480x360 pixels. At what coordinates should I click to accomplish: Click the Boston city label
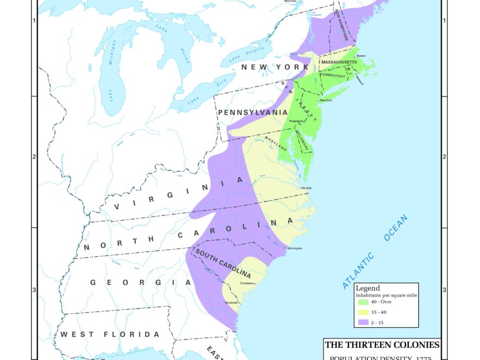point(361,56)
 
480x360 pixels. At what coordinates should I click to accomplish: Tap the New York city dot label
point(326,100)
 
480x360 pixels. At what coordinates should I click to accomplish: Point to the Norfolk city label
point(307,188)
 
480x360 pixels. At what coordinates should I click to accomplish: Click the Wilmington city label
point(295,248)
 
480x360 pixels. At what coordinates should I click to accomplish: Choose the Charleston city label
point(247,283)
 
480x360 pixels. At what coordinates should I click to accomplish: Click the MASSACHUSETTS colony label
point(339,63)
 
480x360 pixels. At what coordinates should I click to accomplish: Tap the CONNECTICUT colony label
point(333,76)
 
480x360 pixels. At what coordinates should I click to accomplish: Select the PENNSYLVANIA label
point(253,112)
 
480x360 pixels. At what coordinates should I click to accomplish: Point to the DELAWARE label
point(302,140)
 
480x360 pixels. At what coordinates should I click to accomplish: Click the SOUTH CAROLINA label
point(223,264)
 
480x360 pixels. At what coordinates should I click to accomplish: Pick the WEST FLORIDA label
point(110,334)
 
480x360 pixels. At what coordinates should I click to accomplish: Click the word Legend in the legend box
point(368,288)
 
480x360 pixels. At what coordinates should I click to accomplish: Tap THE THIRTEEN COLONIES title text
point(382,345)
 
